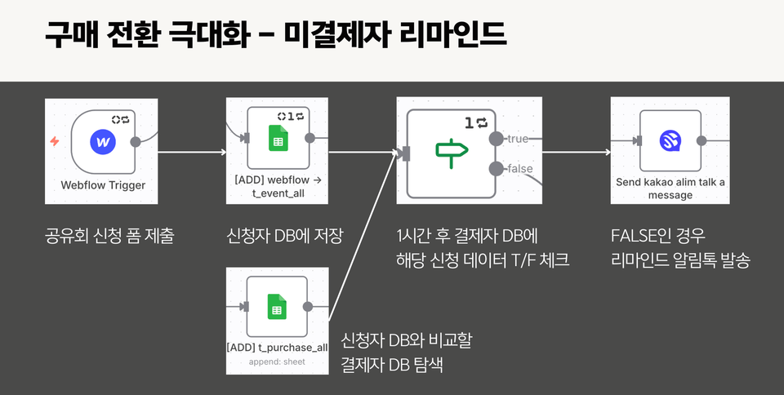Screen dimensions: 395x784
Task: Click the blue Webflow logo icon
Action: pos(103,142)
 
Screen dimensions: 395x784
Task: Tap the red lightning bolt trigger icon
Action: pos(55,141)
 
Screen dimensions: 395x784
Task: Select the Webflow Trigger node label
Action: pos(103,185)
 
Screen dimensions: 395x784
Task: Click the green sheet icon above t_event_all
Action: pos(278,139)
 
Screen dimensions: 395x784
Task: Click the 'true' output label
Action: pos(518,139)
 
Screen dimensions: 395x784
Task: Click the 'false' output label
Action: pos(520,169)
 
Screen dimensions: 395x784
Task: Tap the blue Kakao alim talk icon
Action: pos(670,141)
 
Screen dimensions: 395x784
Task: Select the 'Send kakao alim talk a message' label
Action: pos(670,189)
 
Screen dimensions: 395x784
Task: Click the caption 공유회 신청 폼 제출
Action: pos(109,237)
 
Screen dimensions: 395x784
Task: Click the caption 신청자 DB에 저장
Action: pos(284,237)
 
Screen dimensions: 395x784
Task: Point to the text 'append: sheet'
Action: pos(278,360)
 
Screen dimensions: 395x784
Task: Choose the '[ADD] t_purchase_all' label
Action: pos(278,347)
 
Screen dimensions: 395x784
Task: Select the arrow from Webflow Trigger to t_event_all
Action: pos(192,152)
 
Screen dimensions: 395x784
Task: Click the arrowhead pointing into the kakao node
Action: pos(607,152)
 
